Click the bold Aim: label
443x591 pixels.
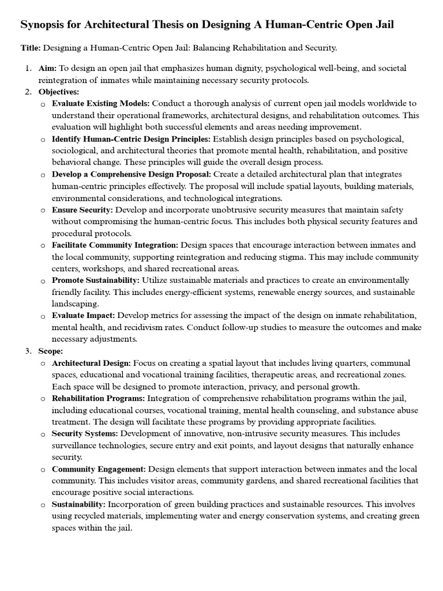[x=48, y=69]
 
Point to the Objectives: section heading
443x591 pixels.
[x=59, y=91]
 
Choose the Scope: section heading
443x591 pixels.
[x=51, y=350]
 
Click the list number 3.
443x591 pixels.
[x=28, y=350]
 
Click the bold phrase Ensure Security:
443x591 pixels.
[x=84, y=210]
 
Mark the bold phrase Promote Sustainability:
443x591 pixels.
[x=96, y=280]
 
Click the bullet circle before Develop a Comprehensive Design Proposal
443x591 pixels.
[x=43, y=174]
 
